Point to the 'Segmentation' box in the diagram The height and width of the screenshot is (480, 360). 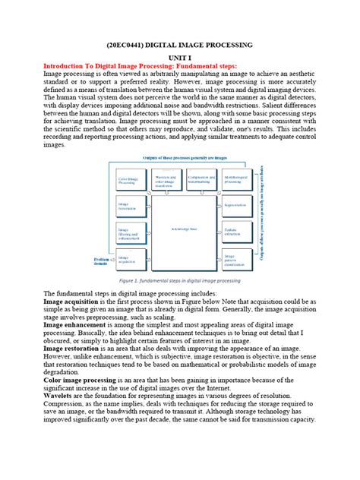236,205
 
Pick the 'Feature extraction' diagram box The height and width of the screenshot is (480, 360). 236,232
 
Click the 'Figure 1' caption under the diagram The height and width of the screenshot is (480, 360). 180,280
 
